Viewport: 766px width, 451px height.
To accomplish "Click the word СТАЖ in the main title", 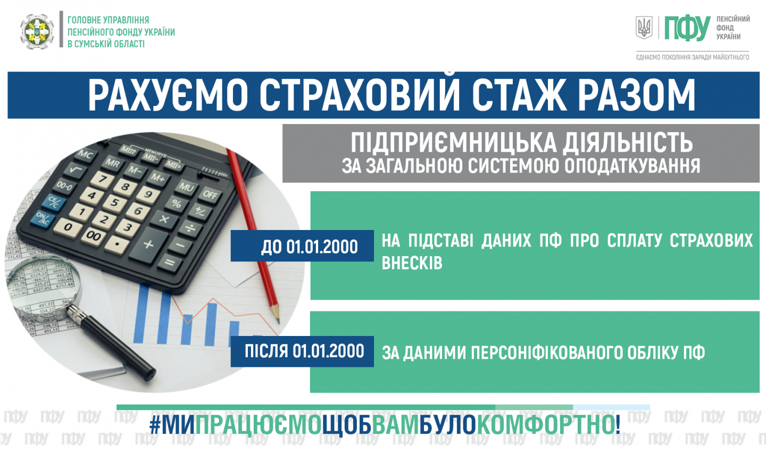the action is pyautogui.click(x=519, y=95).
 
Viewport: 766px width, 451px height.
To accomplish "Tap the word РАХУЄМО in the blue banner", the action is pyautogui.click(x=168, y=95).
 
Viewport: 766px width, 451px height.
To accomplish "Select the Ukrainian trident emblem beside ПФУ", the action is pyautogui.click(x=644, y=27).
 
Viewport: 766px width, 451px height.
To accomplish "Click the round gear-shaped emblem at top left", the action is pyautogui.click(x=37, y=31).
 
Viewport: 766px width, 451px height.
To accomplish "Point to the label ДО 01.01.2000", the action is pyautogui.click(x=309, y=247).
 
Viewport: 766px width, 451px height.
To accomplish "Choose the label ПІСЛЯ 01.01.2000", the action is pyautogui.click(x=304, y=351).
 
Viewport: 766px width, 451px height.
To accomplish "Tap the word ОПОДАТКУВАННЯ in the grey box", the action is pyautogui.click(x=632, y=166).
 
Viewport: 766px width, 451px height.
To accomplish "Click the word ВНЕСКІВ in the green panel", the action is pyautogui.click(x=412, y=263).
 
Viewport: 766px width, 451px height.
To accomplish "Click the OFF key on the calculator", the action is pyautogui.click(x=210, y=195).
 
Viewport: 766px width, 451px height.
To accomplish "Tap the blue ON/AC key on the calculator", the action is pyautogui.click(x=43, y=219).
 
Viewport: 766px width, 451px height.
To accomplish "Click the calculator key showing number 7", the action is pyautogui.click(x=102, y=179).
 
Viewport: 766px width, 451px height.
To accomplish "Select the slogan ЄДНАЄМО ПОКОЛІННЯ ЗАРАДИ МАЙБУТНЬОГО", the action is pyautogui.click(x=693, y=57).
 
